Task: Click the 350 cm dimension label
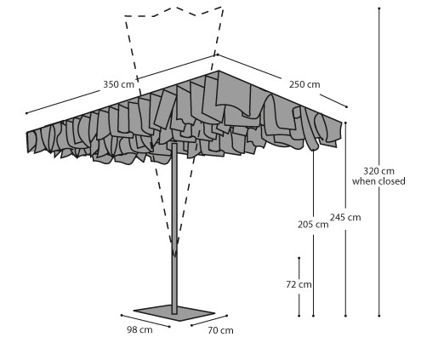[118, 84]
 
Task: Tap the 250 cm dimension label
[304, 84]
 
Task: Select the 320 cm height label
[378, 171]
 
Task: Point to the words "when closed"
[378, 181]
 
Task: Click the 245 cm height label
[345, 217]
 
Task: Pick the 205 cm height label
[313, 225]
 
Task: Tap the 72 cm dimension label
[299, 284]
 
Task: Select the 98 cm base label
[139, 329]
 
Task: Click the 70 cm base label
[220, 330]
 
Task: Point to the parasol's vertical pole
[174, 227]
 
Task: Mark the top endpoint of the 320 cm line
[379, 9]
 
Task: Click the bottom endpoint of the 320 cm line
[379, 316]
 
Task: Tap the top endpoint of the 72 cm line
[299, 258]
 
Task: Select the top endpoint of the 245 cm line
[345, 123]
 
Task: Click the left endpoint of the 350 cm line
[26, 113]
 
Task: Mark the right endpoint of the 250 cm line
[346, 106]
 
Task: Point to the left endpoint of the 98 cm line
[122, 315]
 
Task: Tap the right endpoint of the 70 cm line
[227, 316]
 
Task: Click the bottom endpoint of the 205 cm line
[313, 316]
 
